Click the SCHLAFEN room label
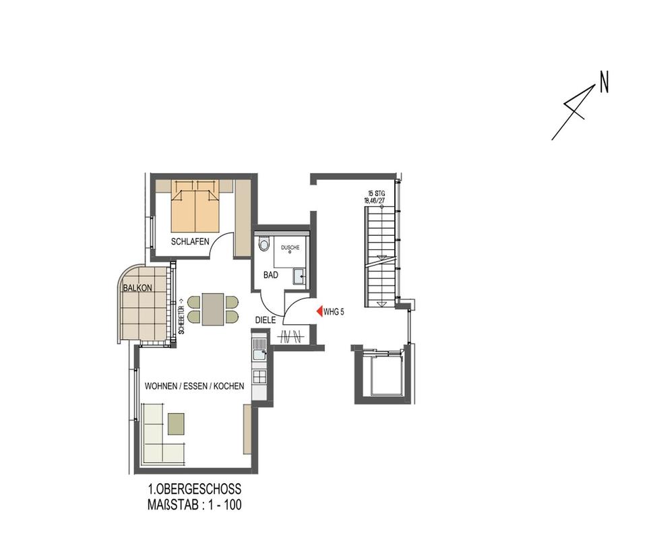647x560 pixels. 189,241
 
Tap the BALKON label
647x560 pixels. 137,288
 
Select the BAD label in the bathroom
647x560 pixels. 270,275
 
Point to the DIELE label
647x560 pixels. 265,321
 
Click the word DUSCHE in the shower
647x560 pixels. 290,247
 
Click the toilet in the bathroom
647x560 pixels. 264,243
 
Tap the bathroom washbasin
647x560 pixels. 298,275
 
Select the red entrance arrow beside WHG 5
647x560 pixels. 319,311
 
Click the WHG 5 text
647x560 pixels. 334,312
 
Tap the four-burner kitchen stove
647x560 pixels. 259,376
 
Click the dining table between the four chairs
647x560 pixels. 213,309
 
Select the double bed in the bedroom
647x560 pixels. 195,206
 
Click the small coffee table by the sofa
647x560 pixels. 176,424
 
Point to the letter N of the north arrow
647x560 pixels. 604,84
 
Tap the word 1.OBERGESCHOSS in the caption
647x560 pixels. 194,489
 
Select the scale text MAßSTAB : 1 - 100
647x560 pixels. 194,505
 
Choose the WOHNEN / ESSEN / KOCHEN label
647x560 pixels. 194,387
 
